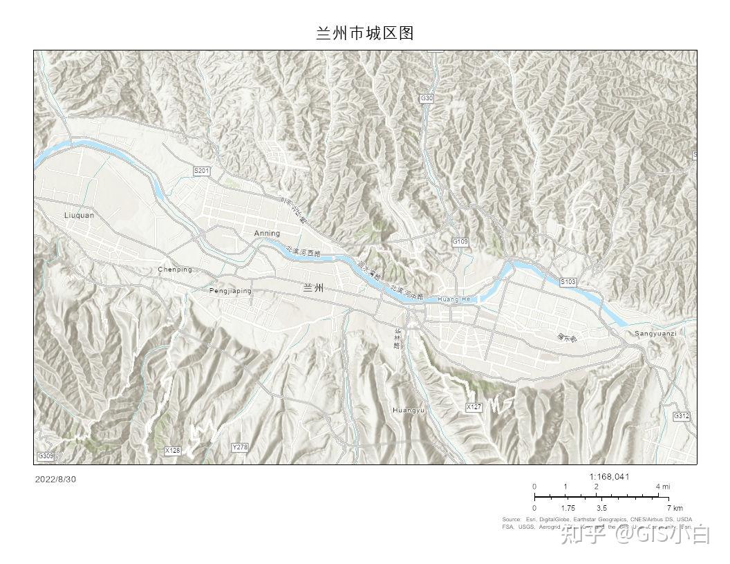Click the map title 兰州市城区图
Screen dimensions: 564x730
click(x=364, y=33)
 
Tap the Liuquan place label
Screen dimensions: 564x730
click(x=79, y=215)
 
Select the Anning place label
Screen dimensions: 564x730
click(x=267, y=234)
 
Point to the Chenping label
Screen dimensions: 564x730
click(x=175, y=270)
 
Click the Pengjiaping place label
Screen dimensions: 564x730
click(x=230, y=291)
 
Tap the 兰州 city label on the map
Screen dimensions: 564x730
click(x=312, y=288)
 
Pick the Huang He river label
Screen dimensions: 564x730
click(x=453, y=299)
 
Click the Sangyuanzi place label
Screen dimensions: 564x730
click(x=655, y=334)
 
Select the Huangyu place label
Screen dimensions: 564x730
click(x=408, y=411)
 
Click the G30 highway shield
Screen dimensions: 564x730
click(x=427, y=99)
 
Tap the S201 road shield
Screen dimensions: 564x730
click(x=201, y=171)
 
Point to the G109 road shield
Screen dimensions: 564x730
click(x=460, y=242)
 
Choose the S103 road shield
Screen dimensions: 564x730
click(x=568, y=282)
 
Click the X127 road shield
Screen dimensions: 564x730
click(x=474, y=407)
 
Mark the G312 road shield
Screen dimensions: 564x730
click(x=682, y=416)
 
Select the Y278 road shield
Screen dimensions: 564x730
click(x=239, y=447)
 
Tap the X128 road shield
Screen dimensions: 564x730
click(x=172, y=451)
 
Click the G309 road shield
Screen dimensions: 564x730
click(x=46, y=456)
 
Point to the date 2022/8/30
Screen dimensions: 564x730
click(x=55, y=479)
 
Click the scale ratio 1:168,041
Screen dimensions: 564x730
click(x=609, y=476)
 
